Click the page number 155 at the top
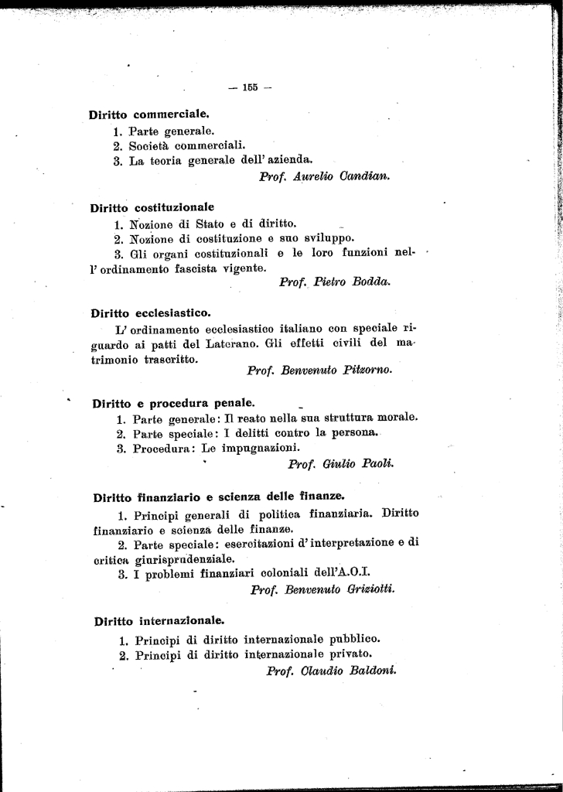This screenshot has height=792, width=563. pos(249,87)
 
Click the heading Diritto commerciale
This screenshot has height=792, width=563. pos(149,115)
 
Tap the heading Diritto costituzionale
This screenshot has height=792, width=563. pos(152,207)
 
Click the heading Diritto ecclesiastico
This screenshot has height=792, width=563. pos(151,313)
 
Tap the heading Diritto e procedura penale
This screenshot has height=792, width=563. pos(173,403)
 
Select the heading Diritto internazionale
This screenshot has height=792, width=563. pos(159,620)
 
